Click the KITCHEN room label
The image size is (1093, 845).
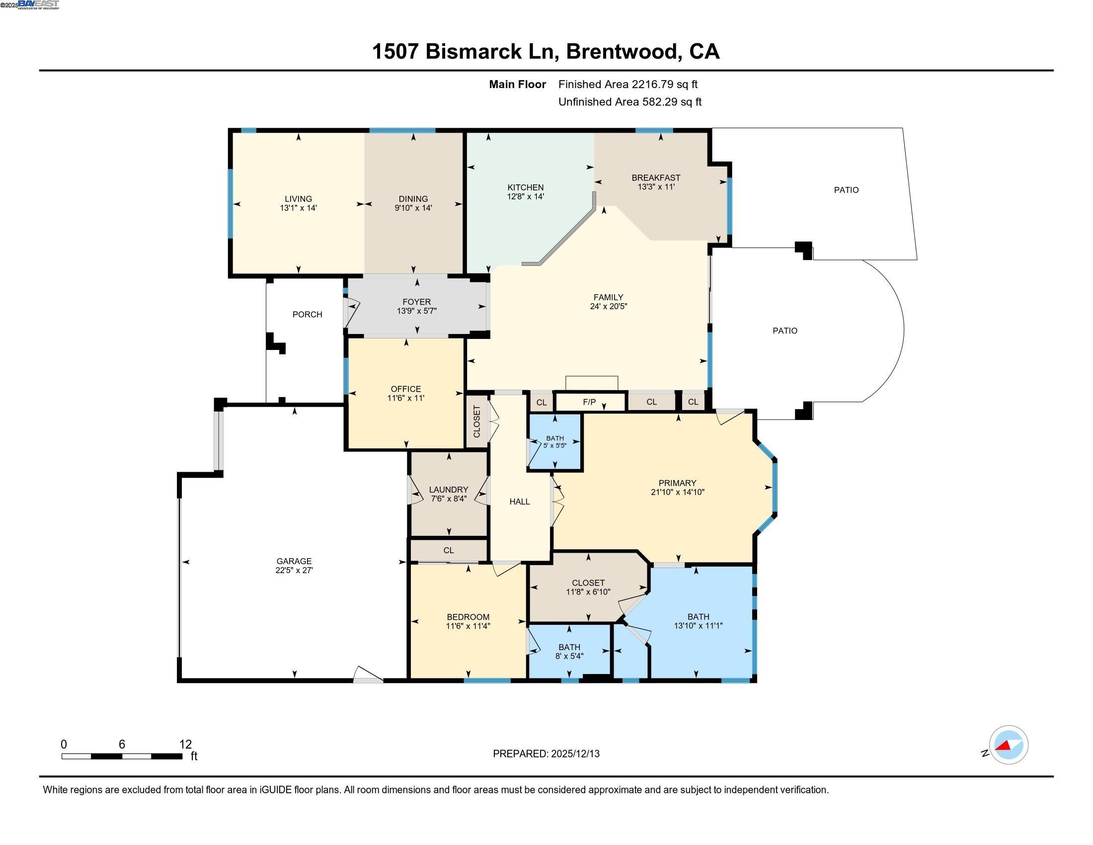click(x=525, y=187)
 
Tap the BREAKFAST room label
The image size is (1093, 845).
click(x=656, y=178)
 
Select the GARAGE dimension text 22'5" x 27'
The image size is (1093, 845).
click(x=294, y=570)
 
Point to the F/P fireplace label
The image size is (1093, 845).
click(x=589, y=402)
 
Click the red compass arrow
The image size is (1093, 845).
click(x=1004, y=746)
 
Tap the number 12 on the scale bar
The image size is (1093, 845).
click(x=185, y=744)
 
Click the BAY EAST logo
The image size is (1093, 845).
click(x=39, y=4)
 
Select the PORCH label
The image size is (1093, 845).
click(x=307, y=314)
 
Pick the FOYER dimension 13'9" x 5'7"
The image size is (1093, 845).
click(x=416, y=311)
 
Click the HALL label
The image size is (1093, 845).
click(x=520, y=502)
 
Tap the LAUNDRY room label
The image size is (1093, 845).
click(x=449, y=490)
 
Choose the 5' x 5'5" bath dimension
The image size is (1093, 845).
click(x=554, y=445)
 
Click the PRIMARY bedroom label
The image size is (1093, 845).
click(x=677, y=483)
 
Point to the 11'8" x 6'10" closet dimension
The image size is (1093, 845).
click(x=588, y=591)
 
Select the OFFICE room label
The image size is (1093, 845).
click(x=405, y=389)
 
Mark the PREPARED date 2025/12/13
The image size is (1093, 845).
click(x=574, y=754)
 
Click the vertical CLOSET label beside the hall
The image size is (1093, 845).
click(x=476, y=422)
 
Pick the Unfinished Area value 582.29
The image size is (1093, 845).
click(x=659, y=102)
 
